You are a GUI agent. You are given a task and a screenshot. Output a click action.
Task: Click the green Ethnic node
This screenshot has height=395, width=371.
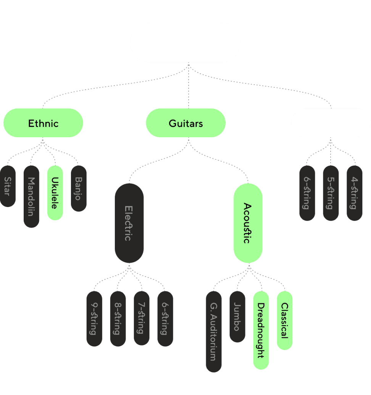[x=43, y=123]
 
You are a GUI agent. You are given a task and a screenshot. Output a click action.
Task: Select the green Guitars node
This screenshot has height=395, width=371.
[x=185, y=123]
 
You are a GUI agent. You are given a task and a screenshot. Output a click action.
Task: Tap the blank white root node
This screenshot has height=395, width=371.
[x=185, y=42]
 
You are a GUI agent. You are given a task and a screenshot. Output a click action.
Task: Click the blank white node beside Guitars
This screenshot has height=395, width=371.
[x=331, y=123]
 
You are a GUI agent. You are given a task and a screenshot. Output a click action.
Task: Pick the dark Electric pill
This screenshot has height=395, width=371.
[x=129, y=223]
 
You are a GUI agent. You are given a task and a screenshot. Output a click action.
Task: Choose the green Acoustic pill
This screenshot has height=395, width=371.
[x=248, y=223]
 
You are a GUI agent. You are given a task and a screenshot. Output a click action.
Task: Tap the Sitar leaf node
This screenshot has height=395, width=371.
[x=8, y=186]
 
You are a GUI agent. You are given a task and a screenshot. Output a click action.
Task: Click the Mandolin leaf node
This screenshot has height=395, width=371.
[x=31, y=196]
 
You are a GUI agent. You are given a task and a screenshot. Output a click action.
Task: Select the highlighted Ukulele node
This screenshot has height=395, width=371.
[x=55, y=193]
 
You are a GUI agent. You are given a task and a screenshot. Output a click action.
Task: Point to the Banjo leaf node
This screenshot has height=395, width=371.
[x=79, y=188]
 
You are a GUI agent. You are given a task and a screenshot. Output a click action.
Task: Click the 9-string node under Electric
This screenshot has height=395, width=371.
[x=94, y=318]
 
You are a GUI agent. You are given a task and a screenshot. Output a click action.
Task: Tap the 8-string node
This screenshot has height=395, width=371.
[x=118, y=318]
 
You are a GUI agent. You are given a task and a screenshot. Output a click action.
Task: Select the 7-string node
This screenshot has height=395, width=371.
[x=142, y=318]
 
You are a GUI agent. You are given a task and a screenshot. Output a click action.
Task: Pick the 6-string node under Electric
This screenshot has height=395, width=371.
[x=165, y=318]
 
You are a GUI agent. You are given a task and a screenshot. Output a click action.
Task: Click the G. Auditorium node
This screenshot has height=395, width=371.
[x=214, y=331]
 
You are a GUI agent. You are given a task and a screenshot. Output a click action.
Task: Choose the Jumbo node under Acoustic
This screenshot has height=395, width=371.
[x=237, y=316]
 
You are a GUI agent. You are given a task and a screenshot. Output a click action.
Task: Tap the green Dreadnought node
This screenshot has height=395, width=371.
[x=261, y=330]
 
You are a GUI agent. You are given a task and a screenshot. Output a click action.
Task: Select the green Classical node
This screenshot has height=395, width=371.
[x=285, y=320]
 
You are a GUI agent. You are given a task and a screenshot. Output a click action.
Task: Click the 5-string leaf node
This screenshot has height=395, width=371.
[x=331, y=193]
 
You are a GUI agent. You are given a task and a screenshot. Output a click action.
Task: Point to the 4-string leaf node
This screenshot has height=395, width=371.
[x=355, y=193]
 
